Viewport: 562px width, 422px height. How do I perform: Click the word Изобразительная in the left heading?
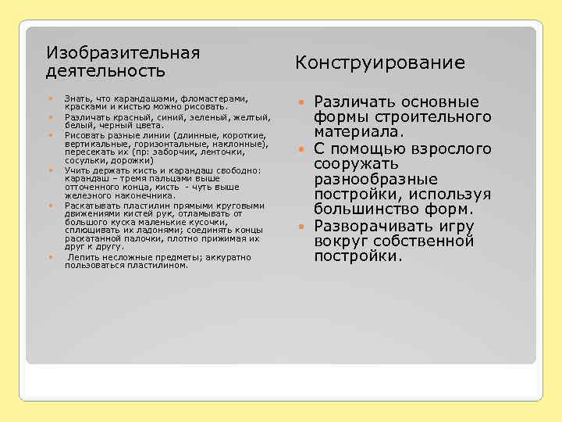tap(123, 53)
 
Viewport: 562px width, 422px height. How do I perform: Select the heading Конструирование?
tap(379, 63)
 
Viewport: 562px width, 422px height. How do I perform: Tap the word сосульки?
tap(86, 160)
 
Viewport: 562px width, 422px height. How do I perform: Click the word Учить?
tap(76, 170)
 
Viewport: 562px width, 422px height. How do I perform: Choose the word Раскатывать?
tap(92, 205)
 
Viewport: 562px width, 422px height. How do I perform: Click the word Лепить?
tap(84, 256)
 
